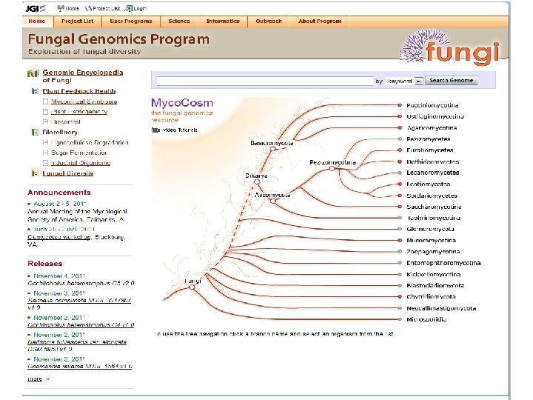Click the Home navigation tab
coord(37,21)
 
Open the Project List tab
coord(78,21)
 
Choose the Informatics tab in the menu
coord(223,21)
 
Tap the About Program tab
coord(320,21)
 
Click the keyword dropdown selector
coord(404,81)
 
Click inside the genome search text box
coord(264,81)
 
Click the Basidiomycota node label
coord(272,143)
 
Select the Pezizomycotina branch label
coord(332,162)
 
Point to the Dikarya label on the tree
coord(256,176)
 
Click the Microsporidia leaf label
coord(428,319)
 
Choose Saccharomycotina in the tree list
coord(434,207)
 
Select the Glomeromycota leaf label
coord(430,229)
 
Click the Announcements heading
coord(59,193)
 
